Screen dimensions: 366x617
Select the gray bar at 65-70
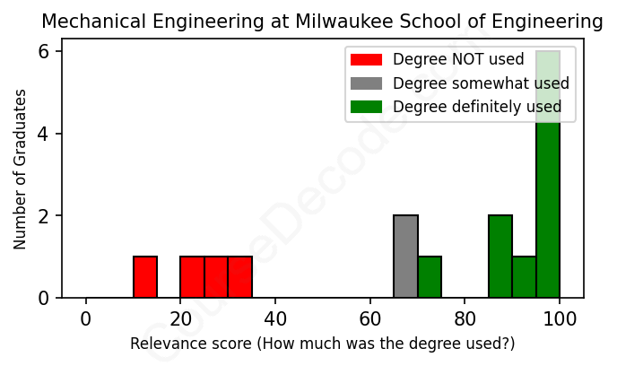click(405, 257)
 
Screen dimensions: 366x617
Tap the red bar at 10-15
click(145, 277)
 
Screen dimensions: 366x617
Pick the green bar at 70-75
click(430, 277)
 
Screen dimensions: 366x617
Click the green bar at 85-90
click(500, 257)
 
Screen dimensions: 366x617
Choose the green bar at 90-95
click(525, 277)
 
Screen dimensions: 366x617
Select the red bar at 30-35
click(240, 277)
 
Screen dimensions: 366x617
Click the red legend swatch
click(366, 60)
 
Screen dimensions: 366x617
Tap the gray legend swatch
click(366, 83)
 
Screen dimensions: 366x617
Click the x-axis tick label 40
click(275, 318)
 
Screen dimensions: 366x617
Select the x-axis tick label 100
click(560, 318)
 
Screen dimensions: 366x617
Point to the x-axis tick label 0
click(86, 318)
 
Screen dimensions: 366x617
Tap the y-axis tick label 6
click(42, 52)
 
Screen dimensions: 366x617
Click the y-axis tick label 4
click(42, 134)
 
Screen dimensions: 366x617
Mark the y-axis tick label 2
click(42, 216)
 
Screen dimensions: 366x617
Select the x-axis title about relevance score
click(323, 344)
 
